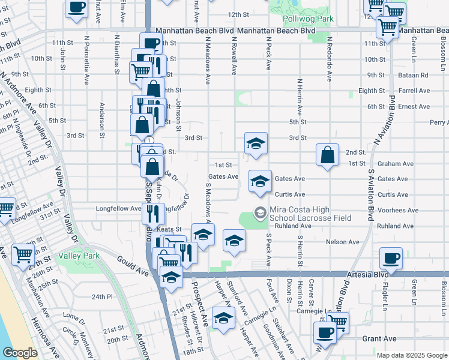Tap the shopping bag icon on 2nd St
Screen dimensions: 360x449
(x=327, y=155)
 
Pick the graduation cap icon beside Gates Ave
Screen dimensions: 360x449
(x=259, y=182)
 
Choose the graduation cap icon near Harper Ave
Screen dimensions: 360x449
(x=223, y=319)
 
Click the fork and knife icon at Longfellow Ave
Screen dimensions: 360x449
(x=152, y=212)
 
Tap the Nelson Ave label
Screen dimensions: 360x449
(x=342, y=242)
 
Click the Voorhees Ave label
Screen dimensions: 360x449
(x=394, y=211)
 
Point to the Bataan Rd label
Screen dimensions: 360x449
(x=415, y=75)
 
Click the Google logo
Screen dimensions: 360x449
(x=20, y=353)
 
